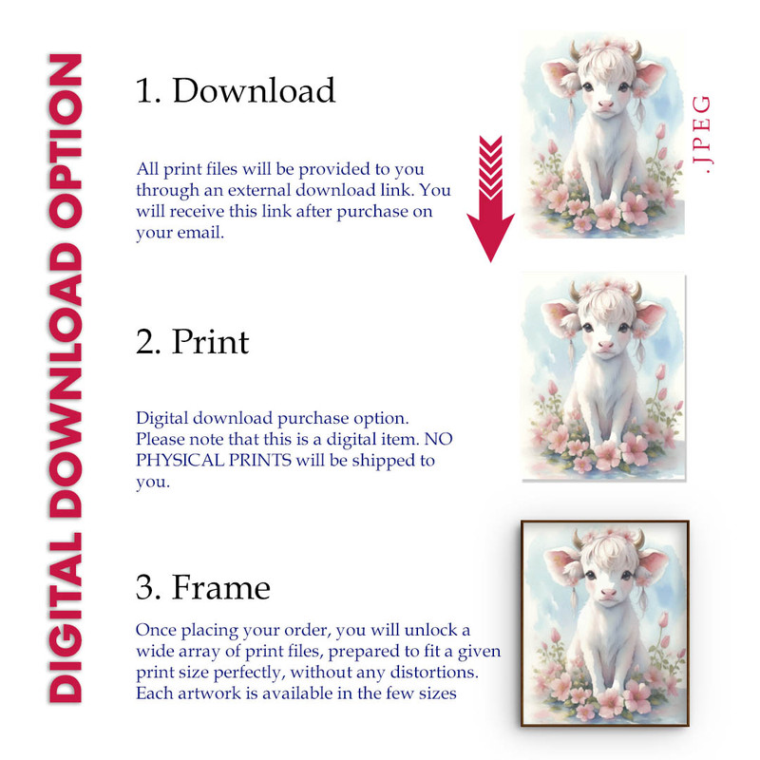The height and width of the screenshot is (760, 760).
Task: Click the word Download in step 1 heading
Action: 254,90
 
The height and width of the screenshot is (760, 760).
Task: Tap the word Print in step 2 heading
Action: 210,342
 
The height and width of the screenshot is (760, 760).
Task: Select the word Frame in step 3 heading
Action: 221,587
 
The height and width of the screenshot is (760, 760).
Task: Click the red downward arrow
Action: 490,199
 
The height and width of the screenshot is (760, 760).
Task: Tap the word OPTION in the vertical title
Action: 66,141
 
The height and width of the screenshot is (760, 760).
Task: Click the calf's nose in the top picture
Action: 605,104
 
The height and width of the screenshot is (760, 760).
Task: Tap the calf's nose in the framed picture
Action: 608,592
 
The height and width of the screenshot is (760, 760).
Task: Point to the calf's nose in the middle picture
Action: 605,345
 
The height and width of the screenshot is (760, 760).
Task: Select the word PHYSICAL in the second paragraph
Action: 180,460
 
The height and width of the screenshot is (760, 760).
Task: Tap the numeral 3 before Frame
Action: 147,587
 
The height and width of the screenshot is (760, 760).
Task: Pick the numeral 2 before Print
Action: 147,342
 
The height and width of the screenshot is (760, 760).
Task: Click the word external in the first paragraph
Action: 259,190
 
